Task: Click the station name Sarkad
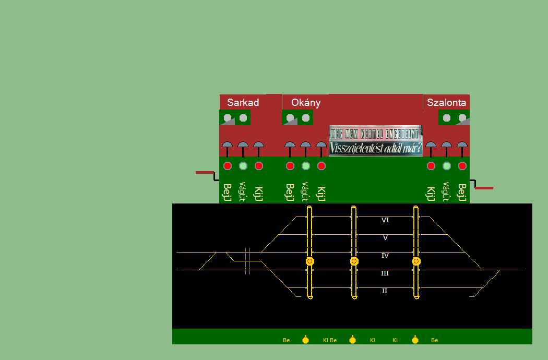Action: pos(243,103)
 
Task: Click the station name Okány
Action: pos(306,103)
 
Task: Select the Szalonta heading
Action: pos(446,103)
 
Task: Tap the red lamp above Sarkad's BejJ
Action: pos(228,166)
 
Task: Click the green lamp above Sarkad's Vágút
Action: pos(243,166)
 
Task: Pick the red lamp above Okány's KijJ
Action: pos(321,166)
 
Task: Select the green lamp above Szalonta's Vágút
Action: pos(446,166)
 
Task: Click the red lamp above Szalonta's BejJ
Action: pos(462,166)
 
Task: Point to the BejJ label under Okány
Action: pos(290,192)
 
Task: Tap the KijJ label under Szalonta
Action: pos(431,194)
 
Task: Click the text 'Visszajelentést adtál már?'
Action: pos(376,149)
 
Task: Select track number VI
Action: pos(385,220)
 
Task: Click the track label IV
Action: pos(385,256)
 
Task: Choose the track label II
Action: pos(385,291)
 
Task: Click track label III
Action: pos(385,273)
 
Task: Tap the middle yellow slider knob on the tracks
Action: pos(354,261)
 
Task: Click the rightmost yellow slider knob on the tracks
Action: pos(416,261)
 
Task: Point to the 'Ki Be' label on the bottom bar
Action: pos(330,340)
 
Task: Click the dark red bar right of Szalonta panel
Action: pos(484,188)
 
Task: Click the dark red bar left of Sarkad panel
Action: pos(205,172)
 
